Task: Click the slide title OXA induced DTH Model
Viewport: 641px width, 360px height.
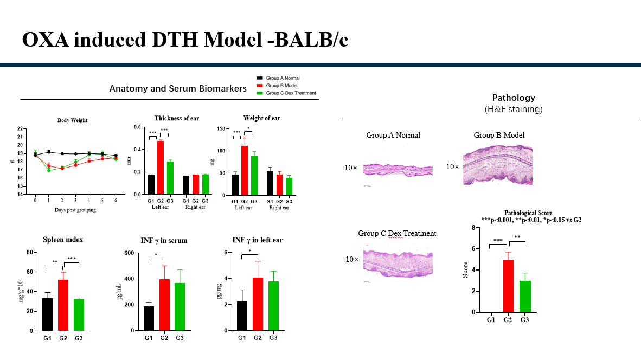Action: (184, 40)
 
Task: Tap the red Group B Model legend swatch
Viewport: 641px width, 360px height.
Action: (260, 86)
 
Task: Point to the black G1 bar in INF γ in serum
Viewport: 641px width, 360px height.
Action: (149, 318)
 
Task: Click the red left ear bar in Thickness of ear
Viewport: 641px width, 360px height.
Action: (161, 167)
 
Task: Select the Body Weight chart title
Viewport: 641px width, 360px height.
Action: (72, 120)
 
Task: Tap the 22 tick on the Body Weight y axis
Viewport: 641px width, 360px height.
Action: (20, 129)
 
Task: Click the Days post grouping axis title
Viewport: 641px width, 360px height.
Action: (75, 210)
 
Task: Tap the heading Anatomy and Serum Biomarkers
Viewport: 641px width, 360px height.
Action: (177, 88)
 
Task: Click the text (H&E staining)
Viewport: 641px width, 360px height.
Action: (513, 109)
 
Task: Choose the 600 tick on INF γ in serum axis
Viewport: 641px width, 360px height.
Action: (130, 253)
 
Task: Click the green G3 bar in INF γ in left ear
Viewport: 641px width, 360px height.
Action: (273, 306)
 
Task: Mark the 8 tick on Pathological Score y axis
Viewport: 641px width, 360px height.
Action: (473, 228)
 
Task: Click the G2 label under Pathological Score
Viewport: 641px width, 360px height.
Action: (508, 320)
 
